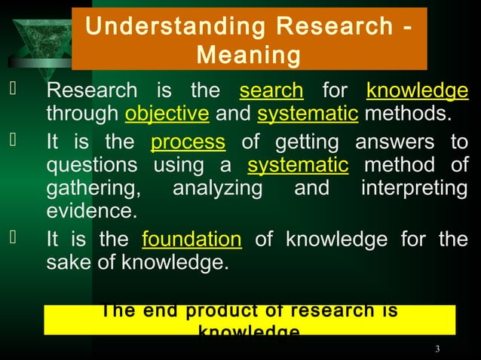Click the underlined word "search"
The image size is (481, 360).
(271, 92)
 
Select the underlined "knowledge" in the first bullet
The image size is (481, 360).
(417, 92)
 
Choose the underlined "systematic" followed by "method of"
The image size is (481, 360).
(298, 165)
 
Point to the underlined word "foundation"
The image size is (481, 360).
(191, 239)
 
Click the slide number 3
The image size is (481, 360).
(437, 349)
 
